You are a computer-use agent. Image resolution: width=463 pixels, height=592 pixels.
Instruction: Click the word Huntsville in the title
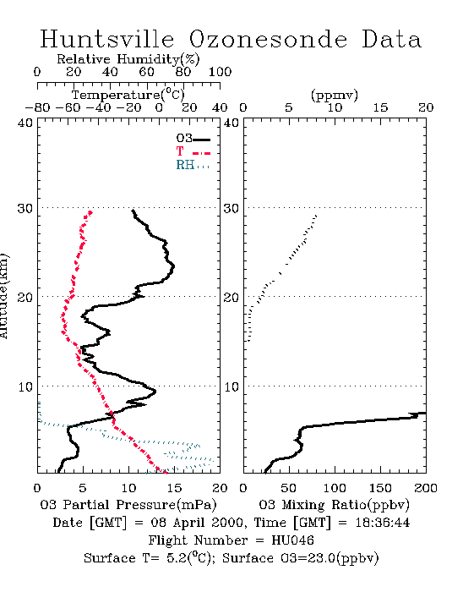[107, 39]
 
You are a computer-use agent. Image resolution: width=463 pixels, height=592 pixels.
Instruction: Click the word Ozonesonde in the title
[268, 39]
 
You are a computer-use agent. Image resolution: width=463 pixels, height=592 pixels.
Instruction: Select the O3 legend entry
[193, 139]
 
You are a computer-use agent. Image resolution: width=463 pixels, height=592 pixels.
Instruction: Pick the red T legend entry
[193, 151]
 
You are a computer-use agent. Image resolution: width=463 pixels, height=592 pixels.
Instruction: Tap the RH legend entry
[193, 165]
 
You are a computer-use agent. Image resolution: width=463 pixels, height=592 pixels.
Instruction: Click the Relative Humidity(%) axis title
[128, 59]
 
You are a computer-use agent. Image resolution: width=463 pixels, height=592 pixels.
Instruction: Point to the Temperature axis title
[128, 95]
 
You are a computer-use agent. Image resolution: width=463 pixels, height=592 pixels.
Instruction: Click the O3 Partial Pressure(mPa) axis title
[128, 505]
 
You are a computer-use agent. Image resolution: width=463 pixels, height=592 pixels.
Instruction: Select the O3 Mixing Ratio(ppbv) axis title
[334, 505]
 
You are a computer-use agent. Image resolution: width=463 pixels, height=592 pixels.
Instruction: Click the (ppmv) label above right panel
[335, 95]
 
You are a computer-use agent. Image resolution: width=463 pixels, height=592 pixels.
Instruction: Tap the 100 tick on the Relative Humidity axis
[220, 71]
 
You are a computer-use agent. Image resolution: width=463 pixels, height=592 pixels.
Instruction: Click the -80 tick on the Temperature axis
[37, 107]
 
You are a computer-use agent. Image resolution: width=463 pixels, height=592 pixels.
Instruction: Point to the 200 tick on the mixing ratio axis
[426, 488]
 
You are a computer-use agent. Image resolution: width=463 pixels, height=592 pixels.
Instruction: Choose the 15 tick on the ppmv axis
[380, 107]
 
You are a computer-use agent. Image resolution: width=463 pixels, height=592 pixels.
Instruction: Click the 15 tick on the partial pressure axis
[174, 488]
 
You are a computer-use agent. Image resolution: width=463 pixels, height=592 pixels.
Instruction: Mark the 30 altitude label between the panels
[231, 208]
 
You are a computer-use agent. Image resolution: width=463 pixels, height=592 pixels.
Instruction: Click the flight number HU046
[292, 540]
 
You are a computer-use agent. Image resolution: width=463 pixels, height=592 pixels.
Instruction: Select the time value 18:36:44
[383, 523]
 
